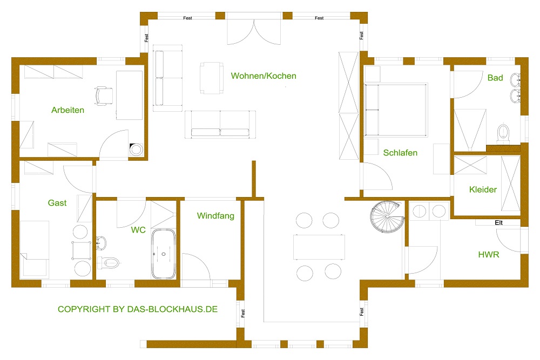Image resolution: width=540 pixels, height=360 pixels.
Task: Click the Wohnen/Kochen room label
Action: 264,76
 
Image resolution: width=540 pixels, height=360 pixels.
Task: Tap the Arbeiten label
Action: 68,110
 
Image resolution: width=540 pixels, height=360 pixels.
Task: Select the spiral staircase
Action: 387,217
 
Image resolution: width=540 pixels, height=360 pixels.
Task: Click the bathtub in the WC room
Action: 164,254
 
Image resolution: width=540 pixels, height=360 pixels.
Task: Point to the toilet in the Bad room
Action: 503,133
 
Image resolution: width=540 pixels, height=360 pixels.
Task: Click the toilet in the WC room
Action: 109,263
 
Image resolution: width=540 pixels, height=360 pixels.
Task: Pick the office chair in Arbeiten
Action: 104,96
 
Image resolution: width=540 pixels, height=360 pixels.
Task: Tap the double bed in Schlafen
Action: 396,110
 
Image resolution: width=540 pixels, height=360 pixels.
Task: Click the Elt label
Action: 498,223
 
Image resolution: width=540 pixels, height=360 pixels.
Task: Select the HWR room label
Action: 488,255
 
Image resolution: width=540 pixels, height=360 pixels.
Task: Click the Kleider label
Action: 483,189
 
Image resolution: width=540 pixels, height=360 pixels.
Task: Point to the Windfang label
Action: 215,216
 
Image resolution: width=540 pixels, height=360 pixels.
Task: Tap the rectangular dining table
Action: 319,247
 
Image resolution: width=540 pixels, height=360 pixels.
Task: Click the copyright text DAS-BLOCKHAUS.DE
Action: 172,309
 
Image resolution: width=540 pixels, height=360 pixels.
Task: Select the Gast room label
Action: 57,203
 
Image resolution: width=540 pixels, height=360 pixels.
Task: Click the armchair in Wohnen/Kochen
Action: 212,78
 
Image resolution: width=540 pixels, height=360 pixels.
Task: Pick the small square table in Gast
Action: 82,250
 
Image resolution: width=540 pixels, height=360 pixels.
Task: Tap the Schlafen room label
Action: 400,153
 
